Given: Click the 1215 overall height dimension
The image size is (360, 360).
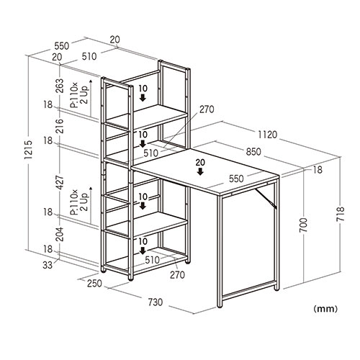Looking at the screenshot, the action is coord(28,150).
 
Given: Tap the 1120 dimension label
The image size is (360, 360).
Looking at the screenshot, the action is coord(267,135).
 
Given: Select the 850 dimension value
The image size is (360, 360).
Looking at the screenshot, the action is coord(253,152).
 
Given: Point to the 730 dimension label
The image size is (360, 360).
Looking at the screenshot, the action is coord(156,302).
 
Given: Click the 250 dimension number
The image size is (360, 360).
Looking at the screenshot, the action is coord(94,284).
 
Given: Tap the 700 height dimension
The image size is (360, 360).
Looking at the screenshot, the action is coord(303,225).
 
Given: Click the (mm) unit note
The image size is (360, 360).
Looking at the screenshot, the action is coord(325,309).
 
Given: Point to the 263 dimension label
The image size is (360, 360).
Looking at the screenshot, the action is coord(59,86).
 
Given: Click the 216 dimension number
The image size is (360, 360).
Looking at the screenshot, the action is coord(59,126).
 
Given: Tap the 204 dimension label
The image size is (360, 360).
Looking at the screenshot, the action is coord(59,234).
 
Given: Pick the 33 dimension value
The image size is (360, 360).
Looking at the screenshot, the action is coord(48,265).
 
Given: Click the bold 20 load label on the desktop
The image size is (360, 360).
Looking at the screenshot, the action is coord(200,163).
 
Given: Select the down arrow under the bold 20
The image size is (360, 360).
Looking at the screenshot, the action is coord(200,171).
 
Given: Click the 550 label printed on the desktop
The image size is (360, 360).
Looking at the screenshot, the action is coord(236,179).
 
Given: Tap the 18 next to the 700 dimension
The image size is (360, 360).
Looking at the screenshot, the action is coord(318,170).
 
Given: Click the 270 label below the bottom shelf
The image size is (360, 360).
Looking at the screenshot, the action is coord(177,275).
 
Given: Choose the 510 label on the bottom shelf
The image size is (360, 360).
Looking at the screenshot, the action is coord(152,260).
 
